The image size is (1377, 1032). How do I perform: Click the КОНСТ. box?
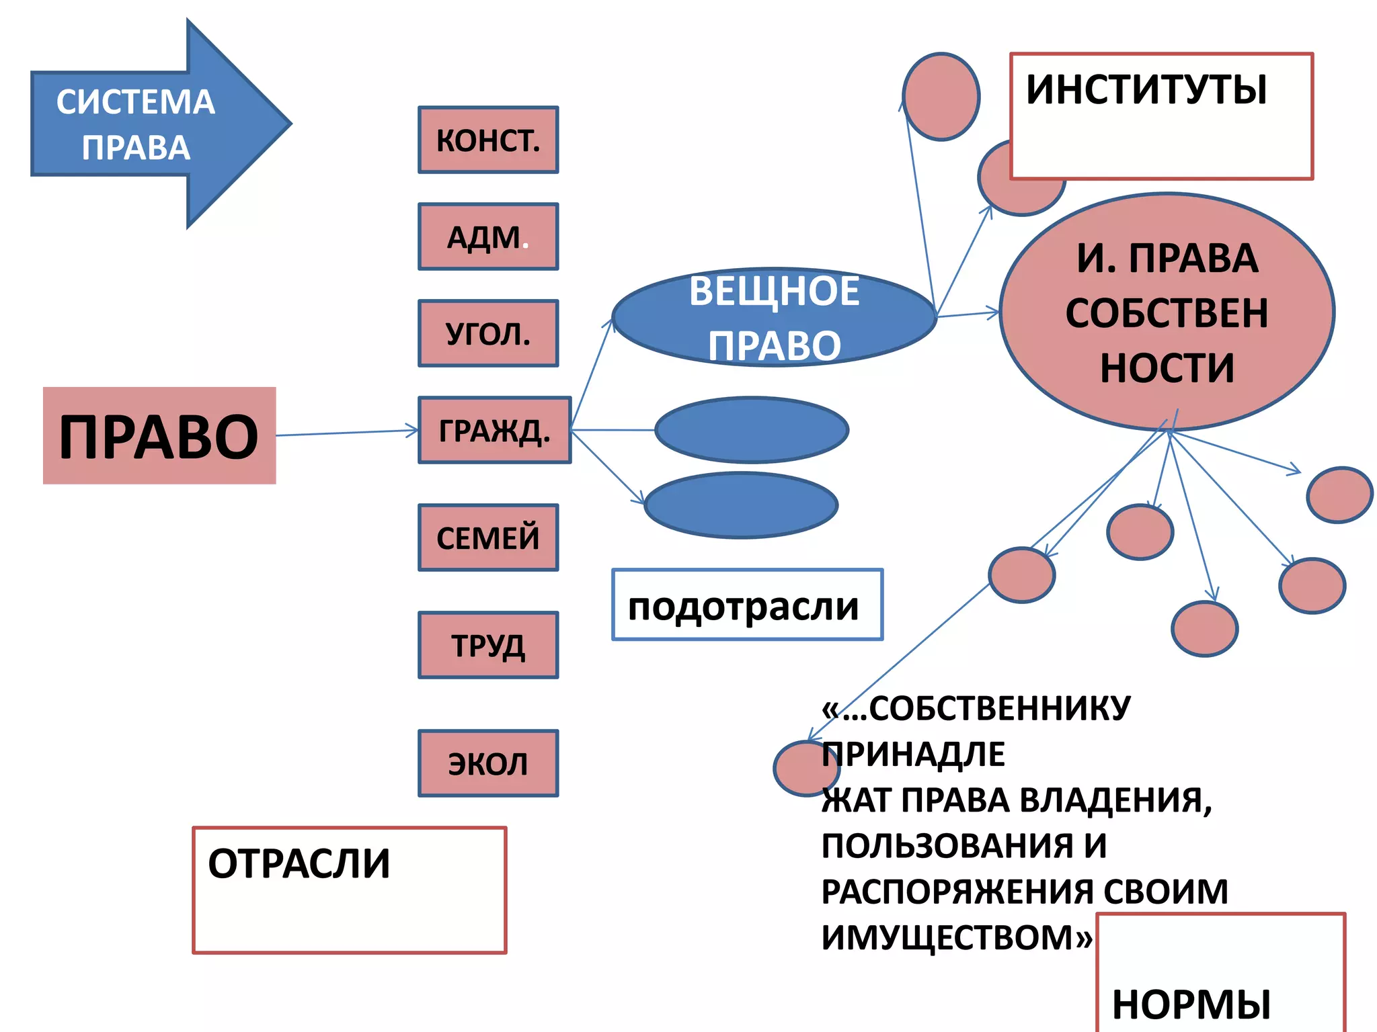488,140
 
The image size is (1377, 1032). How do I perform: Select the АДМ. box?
488,236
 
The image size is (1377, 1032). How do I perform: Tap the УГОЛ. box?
488,333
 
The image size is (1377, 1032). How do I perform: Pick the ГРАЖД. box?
495,430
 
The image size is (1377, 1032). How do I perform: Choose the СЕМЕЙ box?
488,537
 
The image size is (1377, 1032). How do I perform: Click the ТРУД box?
488,645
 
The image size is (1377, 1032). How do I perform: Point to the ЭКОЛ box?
488,763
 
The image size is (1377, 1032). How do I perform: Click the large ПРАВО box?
159,435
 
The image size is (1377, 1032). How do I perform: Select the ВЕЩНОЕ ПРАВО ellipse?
774,317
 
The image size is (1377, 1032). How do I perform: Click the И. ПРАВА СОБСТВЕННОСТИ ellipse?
1167,312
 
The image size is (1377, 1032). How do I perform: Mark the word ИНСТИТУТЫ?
1146,89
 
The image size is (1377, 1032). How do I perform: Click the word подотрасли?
743,607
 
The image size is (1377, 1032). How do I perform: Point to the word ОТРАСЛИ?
299,863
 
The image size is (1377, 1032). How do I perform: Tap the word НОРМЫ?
1191,1004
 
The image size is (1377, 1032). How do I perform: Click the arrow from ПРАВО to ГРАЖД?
346,433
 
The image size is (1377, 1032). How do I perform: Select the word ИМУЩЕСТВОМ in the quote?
948,937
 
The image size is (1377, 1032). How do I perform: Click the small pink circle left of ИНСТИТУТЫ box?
941,97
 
